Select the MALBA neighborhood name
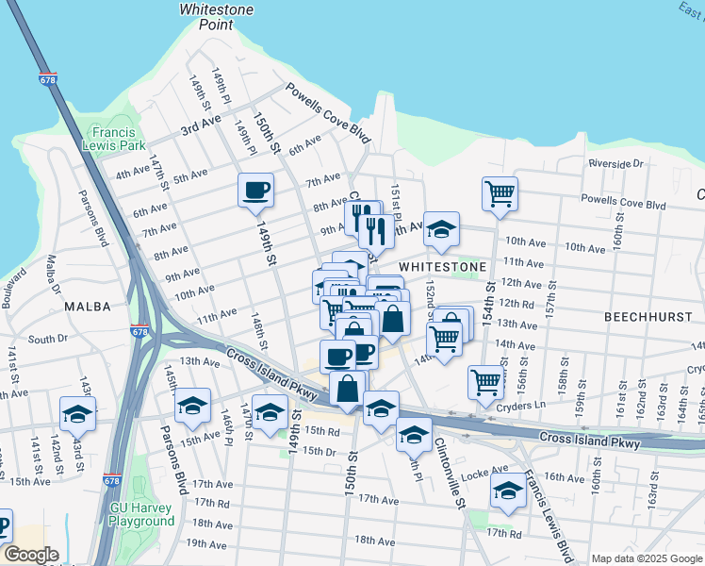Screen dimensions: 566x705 (88, 307)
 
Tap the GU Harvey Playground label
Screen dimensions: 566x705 (142, 513)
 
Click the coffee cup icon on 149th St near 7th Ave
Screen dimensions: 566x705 (255, 191)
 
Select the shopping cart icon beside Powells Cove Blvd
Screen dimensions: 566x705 (500, 193)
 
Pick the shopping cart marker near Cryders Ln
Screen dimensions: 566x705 (485, 382)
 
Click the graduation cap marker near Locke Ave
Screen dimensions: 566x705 (508, 491)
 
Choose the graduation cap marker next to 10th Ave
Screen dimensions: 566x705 (440, 228)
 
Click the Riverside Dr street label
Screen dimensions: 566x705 (615, 163)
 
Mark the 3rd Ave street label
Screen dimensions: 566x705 (201, 127)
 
